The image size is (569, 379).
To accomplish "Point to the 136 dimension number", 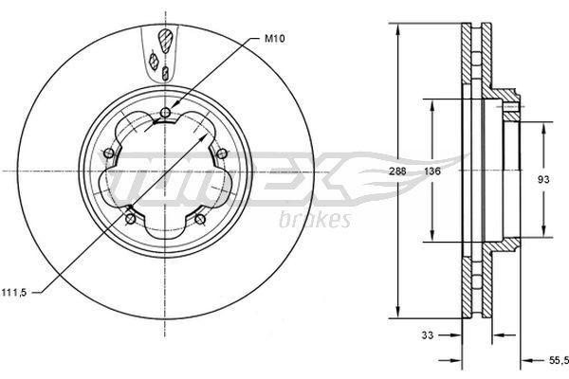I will tap(431, 171).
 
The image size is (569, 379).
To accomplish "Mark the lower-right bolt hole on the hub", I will tap(199, 219).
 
